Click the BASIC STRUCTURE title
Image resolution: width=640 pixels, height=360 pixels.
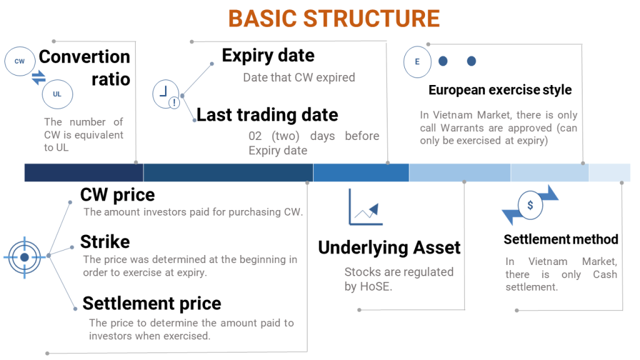pos(334,19)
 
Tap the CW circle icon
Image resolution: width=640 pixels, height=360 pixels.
pos(19,61)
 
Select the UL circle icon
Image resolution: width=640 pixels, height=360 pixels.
pos(57,94)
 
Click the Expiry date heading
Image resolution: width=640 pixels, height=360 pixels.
pos(268,56)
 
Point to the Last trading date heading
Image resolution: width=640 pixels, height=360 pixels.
pos(267,115)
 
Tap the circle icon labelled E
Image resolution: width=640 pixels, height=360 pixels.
pos(417,62)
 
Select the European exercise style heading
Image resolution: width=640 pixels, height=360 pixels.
pos(500,90)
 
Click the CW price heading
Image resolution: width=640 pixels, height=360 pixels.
pos(117,195)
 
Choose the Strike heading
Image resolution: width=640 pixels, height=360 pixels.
pos(105,242)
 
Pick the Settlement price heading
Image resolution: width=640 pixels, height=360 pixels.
pos(152,304)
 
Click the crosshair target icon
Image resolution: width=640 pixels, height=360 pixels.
pos(24,257)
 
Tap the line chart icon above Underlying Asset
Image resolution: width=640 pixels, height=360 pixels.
pos(365,207)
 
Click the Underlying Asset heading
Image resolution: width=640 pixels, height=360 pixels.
pos(389,247)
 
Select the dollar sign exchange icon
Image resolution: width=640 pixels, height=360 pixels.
pos(530,205)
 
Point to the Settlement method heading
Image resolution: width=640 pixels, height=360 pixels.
pos(561,239)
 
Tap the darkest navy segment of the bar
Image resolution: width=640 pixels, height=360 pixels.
pos(84,172)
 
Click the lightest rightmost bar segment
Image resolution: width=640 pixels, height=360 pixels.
pos(609,172)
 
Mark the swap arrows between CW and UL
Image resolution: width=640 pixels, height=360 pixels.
pos(39,78)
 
